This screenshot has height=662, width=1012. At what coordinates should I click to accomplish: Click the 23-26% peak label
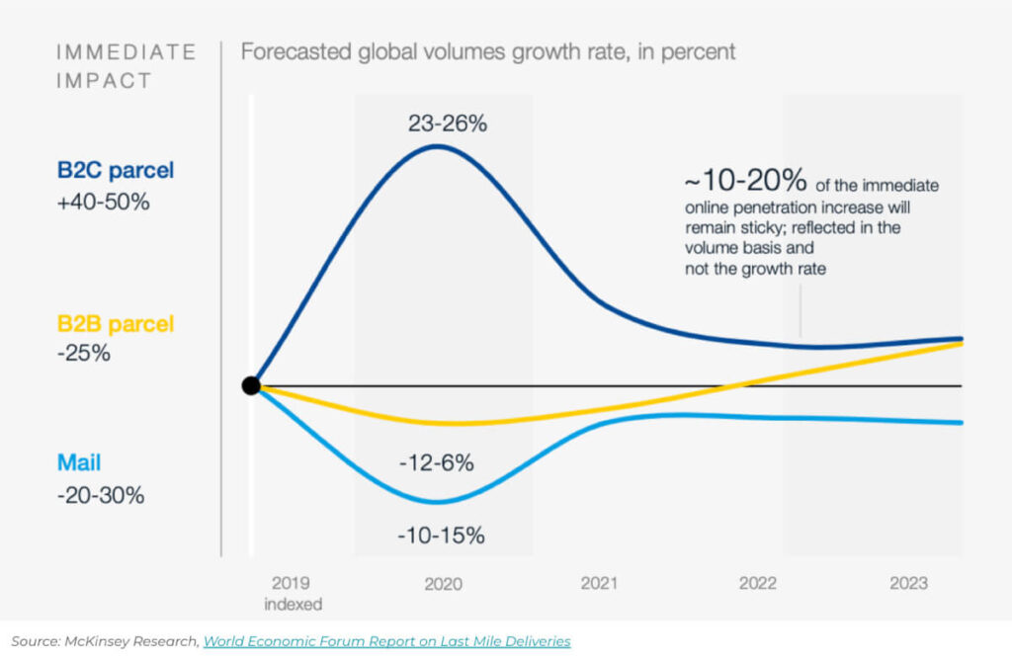(448, 124)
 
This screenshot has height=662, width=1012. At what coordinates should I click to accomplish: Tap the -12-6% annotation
(437, 462)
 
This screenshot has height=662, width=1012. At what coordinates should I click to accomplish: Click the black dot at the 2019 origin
(251, 385)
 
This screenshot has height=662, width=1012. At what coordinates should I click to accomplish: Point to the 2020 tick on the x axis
(444, 584)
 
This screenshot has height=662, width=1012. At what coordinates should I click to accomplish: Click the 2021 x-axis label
(599, 584)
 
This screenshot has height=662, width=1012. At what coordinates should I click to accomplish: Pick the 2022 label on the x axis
(758, 584)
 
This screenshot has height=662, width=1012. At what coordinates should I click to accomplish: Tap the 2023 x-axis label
(908, 584)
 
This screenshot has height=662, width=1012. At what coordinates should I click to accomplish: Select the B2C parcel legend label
(115, 170)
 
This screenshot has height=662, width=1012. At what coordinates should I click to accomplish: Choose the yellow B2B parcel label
(115, 323)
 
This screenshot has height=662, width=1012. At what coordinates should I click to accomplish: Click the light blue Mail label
(79, 461)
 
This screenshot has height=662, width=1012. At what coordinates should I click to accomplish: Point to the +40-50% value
(103, 202)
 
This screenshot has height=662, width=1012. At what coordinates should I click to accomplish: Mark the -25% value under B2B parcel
(83, 353)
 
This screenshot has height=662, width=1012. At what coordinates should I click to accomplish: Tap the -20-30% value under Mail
(101, 494)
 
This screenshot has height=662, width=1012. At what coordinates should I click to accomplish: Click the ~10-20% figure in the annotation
(744, 183)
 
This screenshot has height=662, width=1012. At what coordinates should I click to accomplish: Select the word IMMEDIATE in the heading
(126, 51)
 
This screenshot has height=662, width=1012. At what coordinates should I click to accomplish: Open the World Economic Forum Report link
(386, 641)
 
